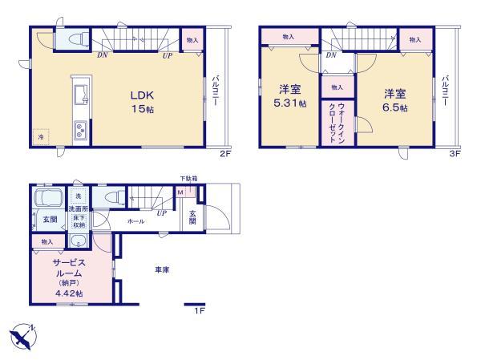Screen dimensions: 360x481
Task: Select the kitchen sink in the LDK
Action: point(81,95)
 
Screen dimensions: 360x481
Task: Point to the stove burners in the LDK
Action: point(82,130)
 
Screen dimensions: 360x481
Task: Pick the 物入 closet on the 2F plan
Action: point(192,40)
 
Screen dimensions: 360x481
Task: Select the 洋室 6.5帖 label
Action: point(394,99)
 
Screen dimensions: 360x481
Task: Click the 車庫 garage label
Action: point(162,270)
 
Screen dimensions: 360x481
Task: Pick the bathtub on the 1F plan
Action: point(48,200)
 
